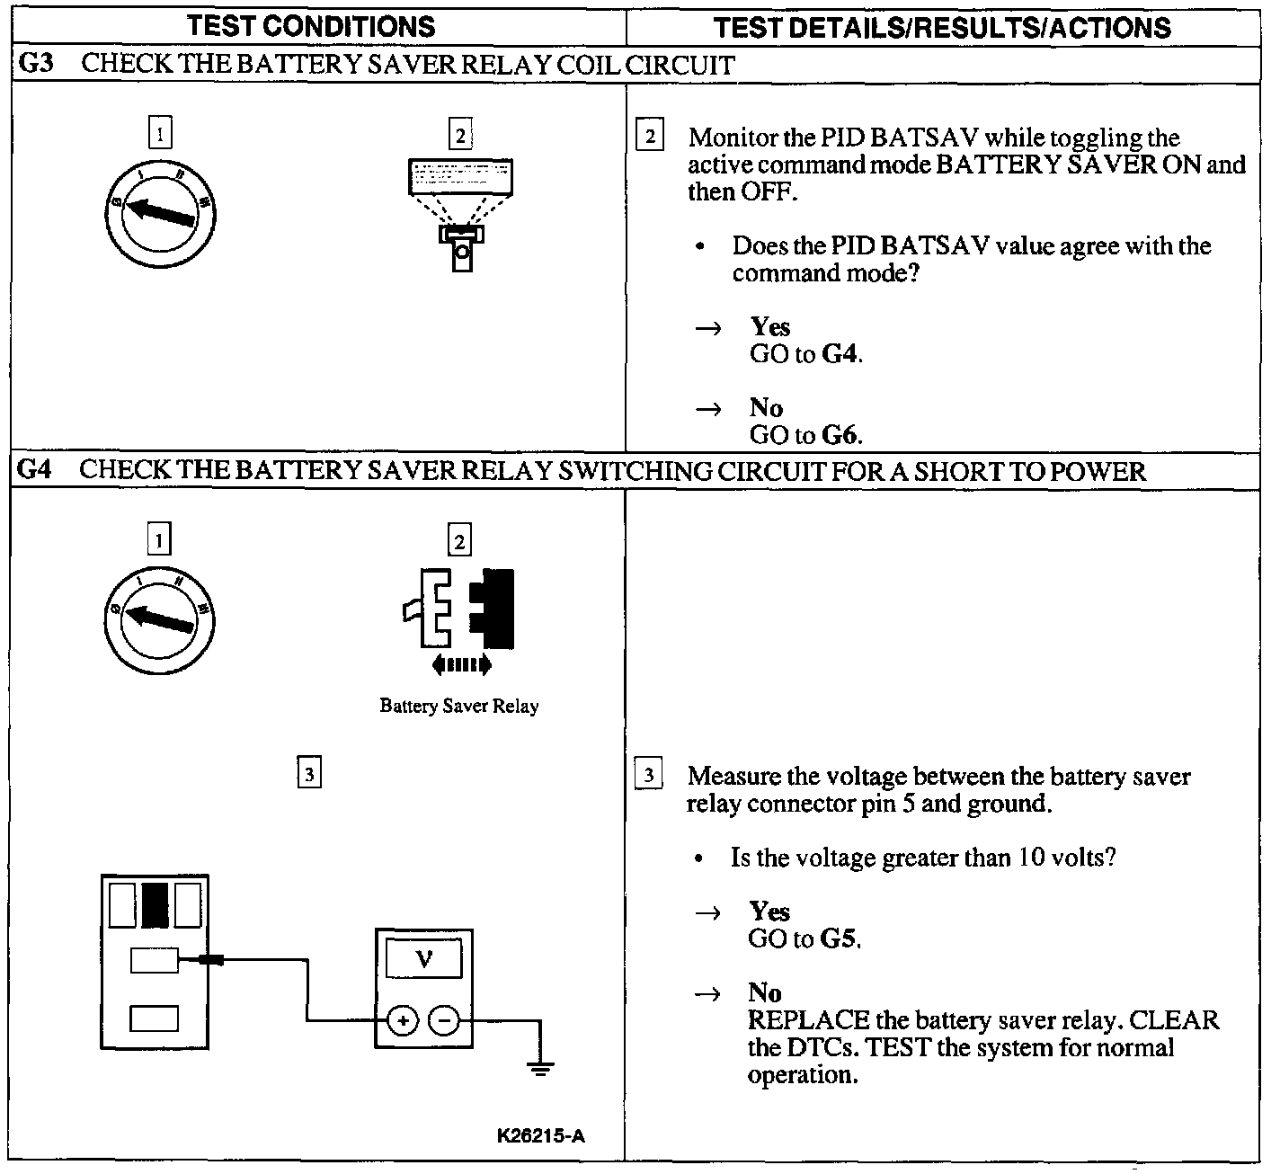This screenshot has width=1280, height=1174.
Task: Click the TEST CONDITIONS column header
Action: click(x=311, y=26)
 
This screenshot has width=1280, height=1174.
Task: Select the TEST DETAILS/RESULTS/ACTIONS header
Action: click(x=942, y=28)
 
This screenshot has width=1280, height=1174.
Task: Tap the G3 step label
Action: click(x=34, y=65)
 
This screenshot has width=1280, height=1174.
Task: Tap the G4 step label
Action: click(x=34, y=470)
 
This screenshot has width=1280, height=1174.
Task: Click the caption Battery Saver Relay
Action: click(x=458, y=707)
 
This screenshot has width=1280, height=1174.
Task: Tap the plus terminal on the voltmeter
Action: click(x=403, y=1020)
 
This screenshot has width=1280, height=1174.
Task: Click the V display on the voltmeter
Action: click(x=424, y=960)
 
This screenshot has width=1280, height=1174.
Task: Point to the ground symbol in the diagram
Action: click(x=540, y=1068)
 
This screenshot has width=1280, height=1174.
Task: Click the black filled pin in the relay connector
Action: click(x=155, y=905)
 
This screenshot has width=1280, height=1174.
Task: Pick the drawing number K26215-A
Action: click(x=540, y=1135)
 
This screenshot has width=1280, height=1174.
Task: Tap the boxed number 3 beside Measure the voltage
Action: click(x=648, y=775)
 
